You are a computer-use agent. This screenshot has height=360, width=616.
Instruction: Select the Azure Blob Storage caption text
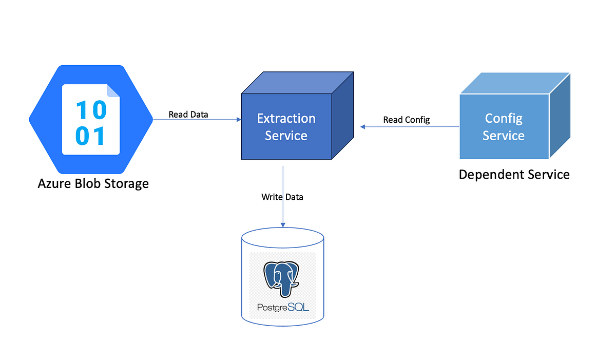pyautogui.click(x=93, y=183)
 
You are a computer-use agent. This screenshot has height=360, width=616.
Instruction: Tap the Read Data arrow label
pyautogui.click(x=188, y=114)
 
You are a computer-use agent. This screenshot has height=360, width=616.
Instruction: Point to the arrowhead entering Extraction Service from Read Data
pyautogui.click(x=239, y=120)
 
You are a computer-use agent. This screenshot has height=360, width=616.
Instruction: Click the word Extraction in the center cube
pyautogui.click(x=286, y=118)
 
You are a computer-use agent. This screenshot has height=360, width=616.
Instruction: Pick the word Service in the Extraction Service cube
pyautogui.click(x=286, y=136)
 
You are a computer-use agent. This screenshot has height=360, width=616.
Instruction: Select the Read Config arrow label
pyautogui.click(x=406, y=120)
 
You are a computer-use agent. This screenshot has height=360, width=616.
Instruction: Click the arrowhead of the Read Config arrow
pyautogui.click(x=362, y=126)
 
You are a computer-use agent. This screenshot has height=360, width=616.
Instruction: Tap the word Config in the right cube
pyautogui.click(x=504, y=118)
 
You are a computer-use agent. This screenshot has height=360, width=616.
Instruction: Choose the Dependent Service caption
pyautogui.click(x=514, y=175)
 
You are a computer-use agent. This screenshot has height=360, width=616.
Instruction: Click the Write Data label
pyautogui.click(x=282, y=197)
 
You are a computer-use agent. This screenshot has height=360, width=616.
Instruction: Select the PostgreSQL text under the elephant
pyautogui.click(x=283, y=308)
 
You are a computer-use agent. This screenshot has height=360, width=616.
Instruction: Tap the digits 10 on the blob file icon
pyautogui.click(x=91, y=109)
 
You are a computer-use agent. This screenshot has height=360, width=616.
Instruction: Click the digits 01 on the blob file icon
pyautogui.click(x=91, y=136)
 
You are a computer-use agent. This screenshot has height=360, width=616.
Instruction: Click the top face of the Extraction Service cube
pyautogui.click(x=298, y=83)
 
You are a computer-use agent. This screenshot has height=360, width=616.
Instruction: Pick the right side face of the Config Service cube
pyautogui.click(x=560, y=116)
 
